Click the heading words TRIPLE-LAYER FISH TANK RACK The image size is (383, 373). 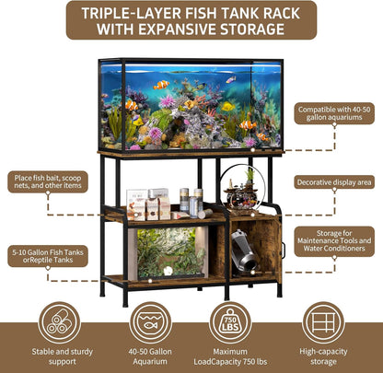[191, 12]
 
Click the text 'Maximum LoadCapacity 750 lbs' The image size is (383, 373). [230, 356]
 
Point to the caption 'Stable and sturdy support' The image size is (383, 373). [60, 356]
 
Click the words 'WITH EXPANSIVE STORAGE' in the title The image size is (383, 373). [191, 29]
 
